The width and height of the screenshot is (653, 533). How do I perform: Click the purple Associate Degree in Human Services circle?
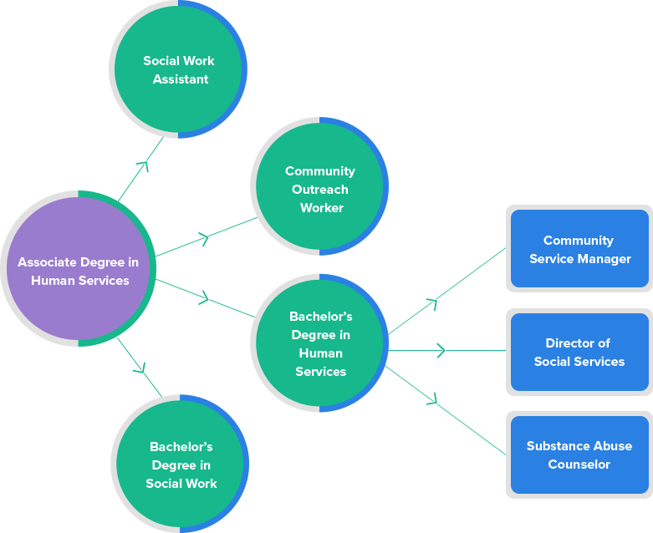click(78, 269)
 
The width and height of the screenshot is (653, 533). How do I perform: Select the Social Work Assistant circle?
click(178, 69)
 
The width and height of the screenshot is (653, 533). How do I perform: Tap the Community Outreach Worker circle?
click(319, 187)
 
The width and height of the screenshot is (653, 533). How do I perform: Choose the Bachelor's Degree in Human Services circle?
click(319, 343)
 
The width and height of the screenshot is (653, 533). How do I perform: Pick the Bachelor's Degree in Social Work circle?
click(180, 464)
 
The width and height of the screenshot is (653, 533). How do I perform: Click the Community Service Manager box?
click(579, 250)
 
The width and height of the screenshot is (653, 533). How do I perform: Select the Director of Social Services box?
click(579, 352)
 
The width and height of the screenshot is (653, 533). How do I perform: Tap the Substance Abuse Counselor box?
click(579, 455)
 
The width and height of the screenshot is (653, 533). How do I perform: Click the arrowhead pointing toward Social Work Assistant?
click(143, 165)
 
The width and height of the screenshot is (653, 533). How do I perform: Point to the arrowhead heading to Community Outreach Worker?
click(203, 240)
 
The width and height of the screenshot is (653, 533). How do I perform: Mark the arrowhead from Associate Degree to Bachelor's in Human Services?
click(203, 297)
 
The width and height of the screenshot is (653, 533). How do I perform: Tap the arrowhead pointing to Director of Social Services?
click(440, 351)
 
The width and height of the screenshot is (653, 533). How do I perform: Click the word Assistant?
click(179, 79)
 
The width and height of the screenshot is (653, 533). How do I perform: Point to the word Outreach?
click(320, 189)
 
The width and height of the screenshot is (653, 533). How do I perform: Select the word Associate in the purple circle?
click(48, 262)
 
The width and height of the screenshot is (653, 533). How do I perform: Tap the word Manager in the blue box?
click(605, 259)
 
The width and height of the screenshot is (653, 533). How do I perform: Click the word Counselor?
click(579, 464)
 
